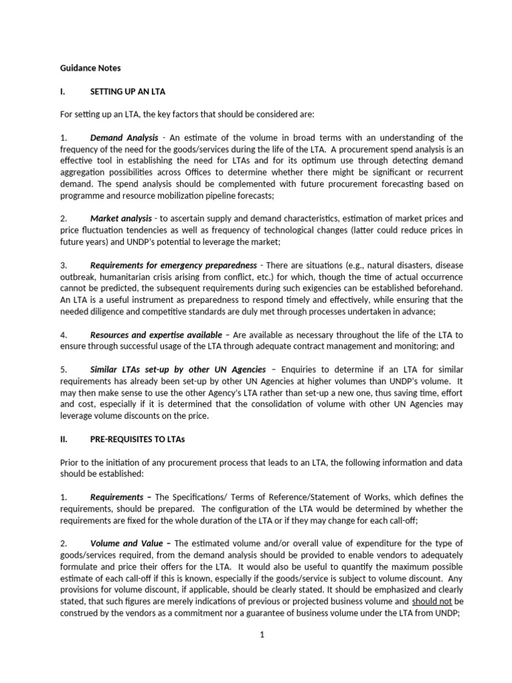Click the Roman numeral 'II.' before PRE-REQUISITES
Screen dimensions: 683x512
point(64,439)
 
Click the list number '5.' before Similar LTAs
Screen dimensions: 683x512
point(64,370)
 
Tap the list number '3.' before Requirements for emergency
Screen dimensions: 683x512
point(64,265)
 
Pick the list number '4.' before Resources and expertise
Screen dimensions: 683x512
point(64,334)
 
